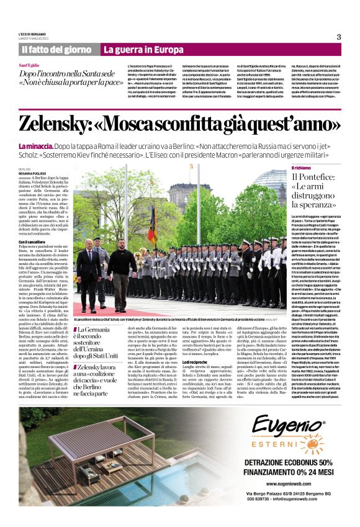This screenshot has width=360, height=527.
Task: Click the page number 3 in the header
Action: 339,37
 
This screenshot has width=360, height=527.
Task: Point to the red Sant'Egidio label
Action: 30,65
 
